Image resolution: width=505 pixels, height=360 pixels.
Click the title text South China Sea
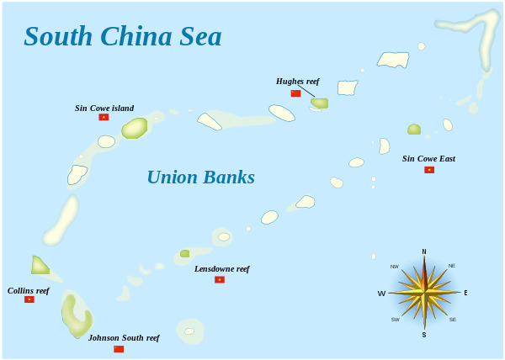[122, 36]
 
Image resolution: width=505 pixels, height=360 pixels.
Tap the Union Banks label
[200, 177]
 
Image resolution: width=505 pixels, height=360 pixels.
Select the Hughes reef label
[297, 82]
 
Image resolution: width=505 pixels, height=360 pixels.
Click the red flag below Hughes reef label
[295, 93]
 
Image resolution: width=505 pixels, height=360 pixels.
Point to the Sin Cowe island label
[104, 108]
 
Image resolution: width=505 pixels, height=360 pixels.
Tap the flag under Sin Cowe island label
[104, 118]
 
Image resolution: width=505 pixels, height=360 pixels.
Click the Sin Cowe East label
[428, 158]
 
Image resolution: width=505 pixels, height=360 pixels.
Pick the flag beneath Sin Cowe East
[429, 170]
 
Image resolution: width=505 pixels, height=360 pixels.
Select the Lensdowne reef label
[221, 268]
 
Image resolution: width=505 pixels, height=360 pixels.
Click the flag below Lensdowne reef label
[220, 279]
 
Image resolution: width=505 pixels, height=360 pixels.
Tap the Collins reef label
[29, 290]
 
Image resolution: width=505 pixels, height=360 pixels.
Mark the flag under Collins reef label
[29, 299]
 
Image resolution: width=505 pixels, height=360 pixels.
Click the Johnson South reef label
[124, 337]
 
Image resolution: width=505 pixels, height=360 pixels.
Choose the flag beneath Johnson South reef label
[119, 349]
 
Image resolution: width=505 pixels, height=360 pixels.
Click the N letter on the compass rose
[424, 251]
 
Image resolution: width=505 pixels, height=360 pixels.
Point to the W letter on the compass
[381, 294]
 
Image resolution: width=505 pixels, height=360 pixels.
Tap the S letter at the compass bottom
[424, 335]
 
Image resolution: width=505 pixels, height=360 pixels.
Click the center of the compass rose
[424, 292]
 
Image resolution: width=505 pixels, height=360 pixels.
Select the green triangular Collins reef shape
[39, 266]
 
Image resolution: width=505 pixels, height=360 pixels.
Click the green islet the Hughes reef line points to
[320, 103]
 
